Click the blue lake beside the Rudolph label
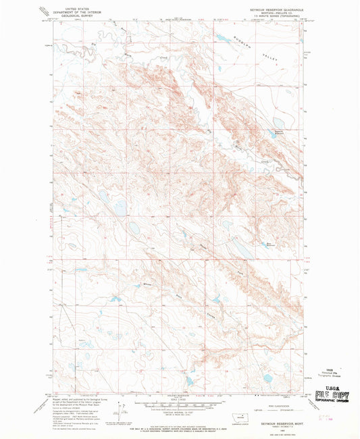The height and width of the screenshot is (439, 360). (x=220, y=39)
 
